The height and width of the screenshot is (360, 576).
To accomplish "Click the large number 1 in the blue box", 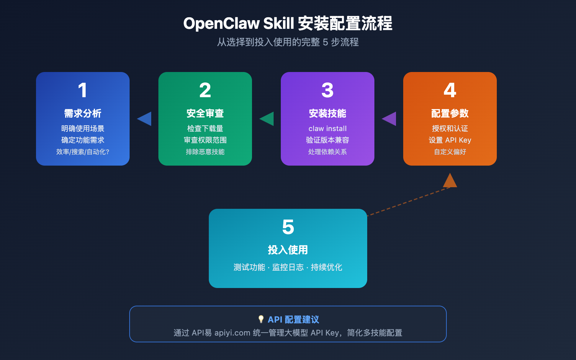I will (x=82, y=90).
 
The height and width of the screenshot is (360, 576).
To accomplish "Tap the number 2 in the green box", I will (x=205, y=90).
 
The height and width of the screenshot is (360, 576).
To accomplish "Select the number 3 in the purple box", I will (x=328, y=90).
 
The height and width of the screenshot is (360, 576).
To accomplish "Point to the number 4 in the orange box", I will (x=450, y=90).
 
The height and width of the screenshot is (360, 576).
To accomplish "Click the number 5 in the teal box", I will (x=288, y=227).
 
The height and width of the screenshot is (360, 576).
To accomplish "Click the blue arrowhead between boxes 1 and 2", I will (x=145, y=119).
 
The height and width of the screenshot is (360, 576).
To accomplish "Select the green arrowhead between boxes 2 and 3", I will (x=267, y=119).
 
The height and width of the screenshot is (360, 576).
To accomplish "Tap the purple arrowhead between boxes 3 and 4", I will (x=390, y=119).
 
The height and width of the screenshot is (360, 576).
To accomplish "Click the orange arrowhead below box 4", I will (x=450, y=181).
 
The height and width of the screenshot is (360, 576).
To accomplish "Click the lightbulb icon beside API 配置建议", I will (x=261, y=319).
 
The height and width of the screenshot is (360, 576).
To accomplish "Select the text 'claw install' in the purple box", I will (x=328, y=129).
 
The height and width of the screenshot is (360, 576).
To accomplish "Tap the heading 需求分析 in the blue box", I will (x=83, y=113).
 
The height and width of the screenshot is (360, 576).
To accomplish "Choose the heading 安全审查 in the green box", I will (x=205, y=113).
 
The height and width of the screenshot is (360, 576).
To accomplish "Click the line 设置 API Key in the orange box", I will (x=450, y=140).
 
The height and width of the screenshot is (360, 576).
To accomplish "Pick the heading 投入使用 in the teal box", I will (x=288, y=250).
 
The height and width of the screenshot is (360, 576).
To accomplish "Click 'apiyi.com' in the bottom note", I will (x=232, y=333).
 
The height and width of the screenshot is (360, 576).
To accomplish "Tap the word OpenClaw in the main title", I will (x=221, y=24).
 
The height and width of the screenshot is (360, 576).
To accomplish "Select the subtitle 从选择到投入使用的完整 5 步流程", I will (x=288, y=42).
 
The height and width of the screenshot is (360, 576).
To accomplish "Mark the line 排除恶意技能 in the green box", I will (x=205, y=152).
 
